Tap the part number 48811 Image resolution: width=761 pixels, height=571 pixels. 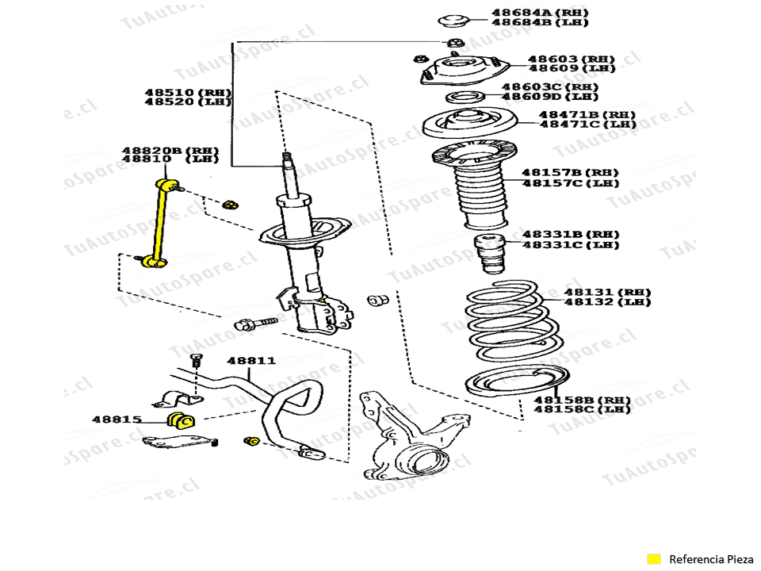[251, 360]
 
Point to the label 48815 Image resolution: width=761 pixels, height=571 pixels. [116, 420]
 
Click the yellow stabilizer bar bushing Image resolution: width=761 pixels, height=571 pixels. [180, 420]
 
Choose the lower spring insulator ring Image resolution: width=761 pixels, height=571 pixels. [515, 383]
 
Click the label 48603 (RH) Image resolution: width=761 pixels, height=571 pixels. [560, 59]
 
